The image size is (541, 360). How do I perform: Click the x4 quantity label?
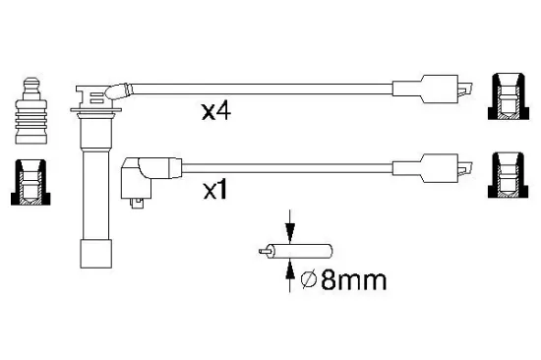click(216, 110)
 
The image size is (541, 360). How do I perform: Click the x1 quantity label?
click(215, 190)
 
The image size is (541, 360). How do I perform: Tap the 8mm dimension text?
click(354, 280)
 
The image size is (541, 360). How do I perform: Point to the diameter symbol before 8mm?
click(309, 280)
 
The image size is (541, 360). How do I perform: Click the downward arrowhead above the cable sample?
click(290, 233)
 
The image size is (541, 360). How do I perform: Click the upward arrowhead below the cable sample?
click(290, 269)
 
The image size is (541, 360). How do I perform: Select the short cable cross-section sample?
click(295, 251)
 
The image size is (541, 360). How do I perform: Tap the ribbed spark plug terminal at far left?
click(31, 110)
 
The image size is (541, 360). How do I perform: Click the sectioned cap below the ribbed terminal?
click(30, 182)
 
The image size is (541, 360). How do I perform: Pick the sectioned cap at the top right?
click(509, 96)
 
